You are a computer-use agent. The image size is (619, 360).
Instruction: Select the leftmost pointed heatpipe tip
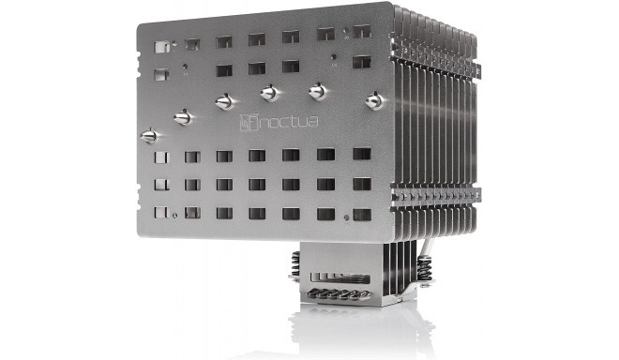(x=147, y=136)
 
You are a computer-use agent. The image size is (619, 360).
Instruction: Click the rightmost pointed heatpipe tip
(x=377, y=97)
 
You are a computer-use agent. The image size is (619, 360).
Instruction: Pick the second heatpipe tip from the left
(x=183, y=117)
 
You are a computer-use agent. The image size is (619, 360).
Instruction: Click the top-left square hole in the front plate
(x=161, y=44)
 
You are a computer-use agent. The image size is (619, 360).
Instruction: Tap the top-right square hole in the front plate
(x=361, y=36)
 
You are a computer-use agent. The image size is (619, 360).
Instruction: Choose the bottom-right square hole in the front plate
(x=360, y=214)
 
